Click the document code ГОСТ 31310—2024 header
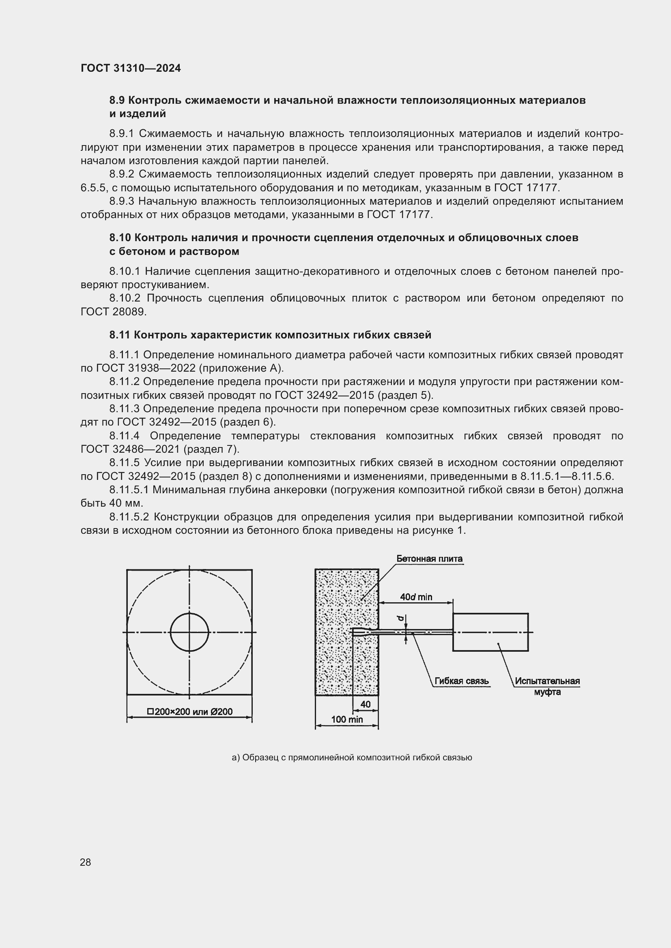pyautogui.click(x=131, y=68)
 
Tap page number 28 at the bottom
pyautogui.click(x=86, y=862)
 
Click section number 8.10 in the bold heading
pyautogui.click(x=120, y=238)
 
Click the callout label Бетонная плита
pyautogui.click(x=429, y=559)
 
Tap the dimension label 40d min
pyautogui.click(x=416, y=597)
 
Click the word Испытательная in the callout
pyautogui.click(x=547, y=681)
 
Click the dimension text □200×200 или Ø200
pyautogui.click(x=189, y=711)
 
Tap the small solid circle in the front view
pyautogui.click(x=189, y=632)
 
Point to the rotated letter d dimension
pyautogui.click(x=400, y=618)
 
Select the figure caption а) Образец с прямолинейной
pyautogui.click(x=352, y=758)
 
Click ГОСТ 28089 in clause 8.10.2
pyautogui.click(x=113, y=312)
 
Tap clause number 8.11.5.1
pyautogui.click(x=129, y=490)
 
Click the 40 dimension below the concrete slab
pyautogui.click(x=365, y=704)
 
